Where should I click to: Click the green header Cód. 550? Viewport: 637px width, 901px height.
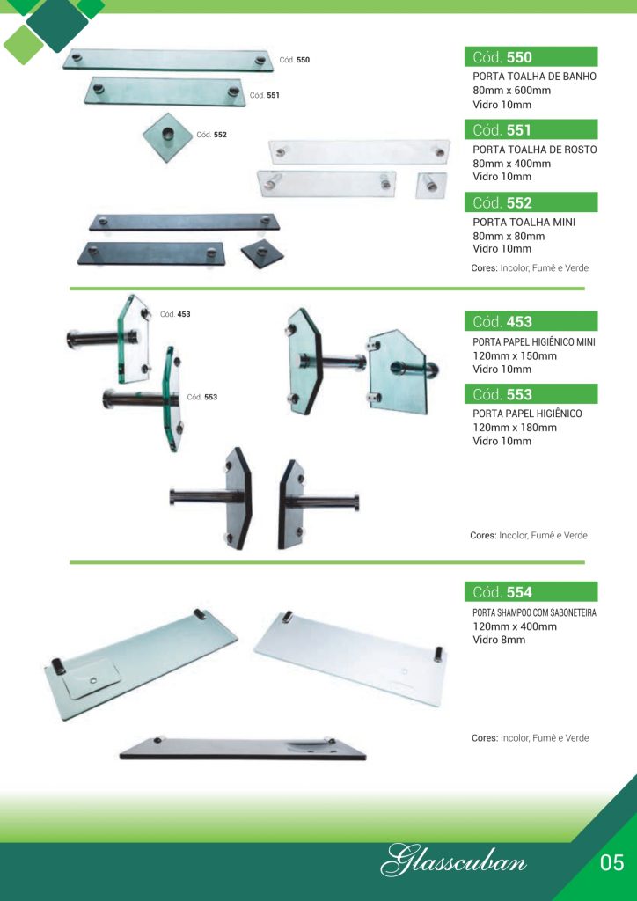click(531, 57)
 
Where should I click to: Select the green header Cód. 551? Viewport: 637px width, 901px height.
click(531, 130)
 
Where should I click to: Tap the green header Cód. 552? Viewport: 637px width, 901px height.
click(531, 202)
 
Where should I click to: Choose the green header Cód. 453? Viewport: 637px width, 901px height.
click(531, 321)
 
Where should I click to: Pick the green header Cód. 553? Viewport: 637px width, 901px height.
click(531, 394)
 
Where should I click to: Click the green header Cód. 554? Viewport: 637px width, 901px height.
click(531, 592)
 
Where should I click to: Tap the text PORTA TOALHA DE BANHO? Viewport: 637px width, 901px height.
click(535, 77)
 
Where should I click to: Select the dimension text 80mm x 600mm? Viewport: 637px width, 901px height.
click(512, 91)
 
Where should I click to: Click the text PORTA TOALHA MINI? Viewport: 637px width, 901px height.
click(524, 222)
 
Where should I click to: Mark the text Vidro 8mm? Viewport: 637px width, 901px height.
click(499, 640)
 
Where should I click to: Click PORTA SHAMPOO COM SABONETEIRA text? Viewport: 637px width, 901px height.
click(534, 613)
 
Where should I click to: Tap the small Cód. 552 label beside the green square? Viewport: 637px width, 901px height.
click(212, 135)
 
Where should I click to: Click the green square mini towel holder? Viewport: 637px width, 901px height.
click(168, 136)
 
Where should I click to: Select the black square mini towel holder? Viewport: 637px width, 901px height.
click(262, 254)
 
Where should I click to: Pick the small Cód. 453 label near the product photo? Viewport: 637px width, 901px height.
click(175, 314)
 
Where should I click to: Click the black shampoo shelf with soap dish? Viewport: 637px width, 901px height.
click(242, 748)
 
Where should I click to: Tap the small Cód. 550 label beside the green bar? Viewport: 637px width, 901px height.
click(295, 60)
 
